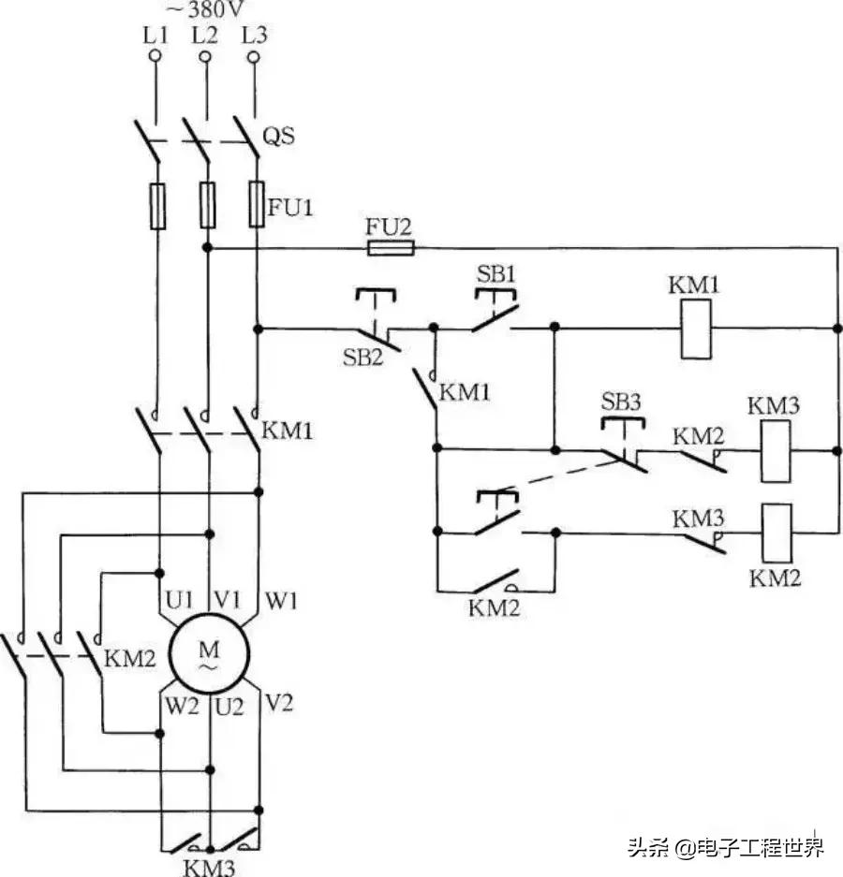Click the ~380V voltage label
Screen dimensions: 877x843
(x=204, y=10)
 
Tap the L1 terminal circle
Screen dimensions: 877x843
(x=155, y=57)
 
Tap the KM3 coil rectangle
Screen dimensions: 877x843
(x=774, y=451)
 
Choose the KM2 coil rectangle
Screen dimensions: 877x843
(x=774, y=533)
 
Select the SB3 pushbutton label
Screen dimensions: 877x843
(x=622, y=402)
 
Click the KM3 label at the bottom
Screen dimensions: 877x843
(x=208, y=866)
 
